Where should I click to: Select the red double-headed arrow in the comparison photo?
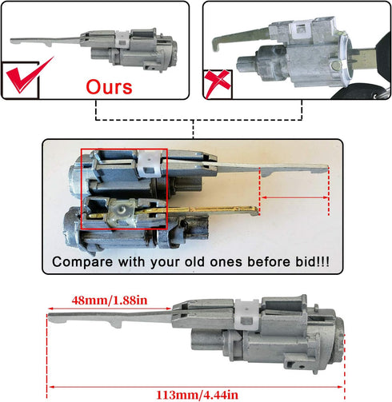coord(294,196)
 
